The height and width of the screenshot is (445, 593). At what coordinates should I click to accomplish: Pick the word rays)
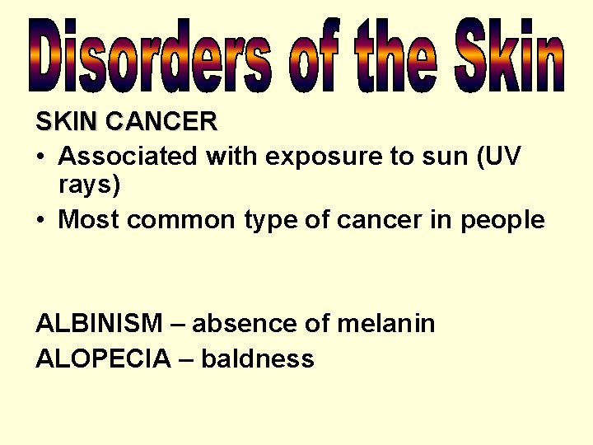(x=90, y=185)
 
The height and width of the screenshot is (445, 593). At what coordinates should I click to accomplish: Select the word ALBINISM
(x=99, y=324)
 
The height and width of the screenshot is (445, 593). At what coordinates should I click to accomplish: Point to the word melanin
(x=385, y=324)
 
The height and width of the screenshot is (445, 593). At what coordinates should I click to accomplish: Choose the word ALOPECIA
(x=104, y=359)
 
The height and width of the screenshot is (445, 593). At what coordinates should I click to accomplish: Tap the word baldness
(x=258, y=359)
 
